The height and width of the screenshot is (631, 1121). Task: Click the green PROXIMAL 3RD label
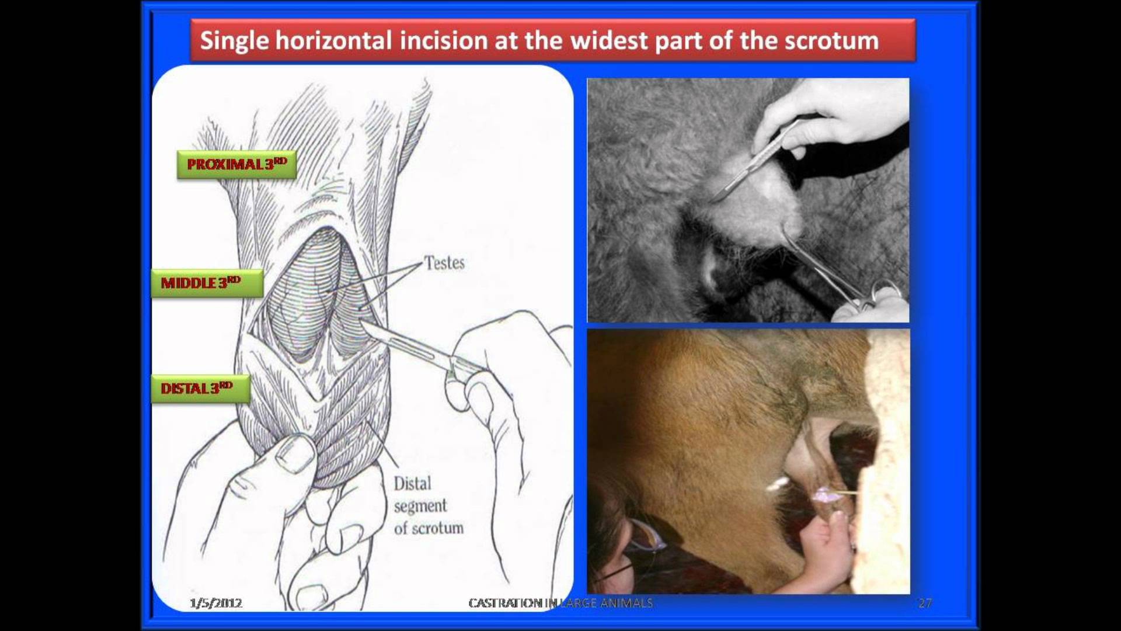(236, 164)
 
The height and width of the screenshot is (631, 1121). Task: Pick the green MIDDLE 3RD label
(207, 283)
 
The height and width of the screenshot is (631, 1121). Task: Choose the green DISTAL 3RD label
(200, 389)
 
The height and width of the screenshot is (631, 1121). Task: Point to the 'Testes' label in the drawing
(444, 263)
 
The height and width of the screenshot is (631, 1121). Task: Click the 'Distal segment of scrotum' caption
(429, 506)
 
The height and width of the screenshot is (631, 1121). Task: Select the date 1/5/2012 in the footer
(216, 603)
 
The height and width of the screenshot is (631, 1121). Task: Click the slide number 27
(925, 603)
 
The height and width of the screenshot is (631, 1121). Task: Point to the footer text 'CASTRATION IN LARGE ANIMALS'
(560, 603)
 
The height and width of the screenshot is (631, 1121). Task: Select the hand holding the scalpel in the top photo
(829, 117)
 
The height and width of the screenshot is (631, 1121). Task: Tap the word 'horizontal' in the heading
(333, 40)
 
